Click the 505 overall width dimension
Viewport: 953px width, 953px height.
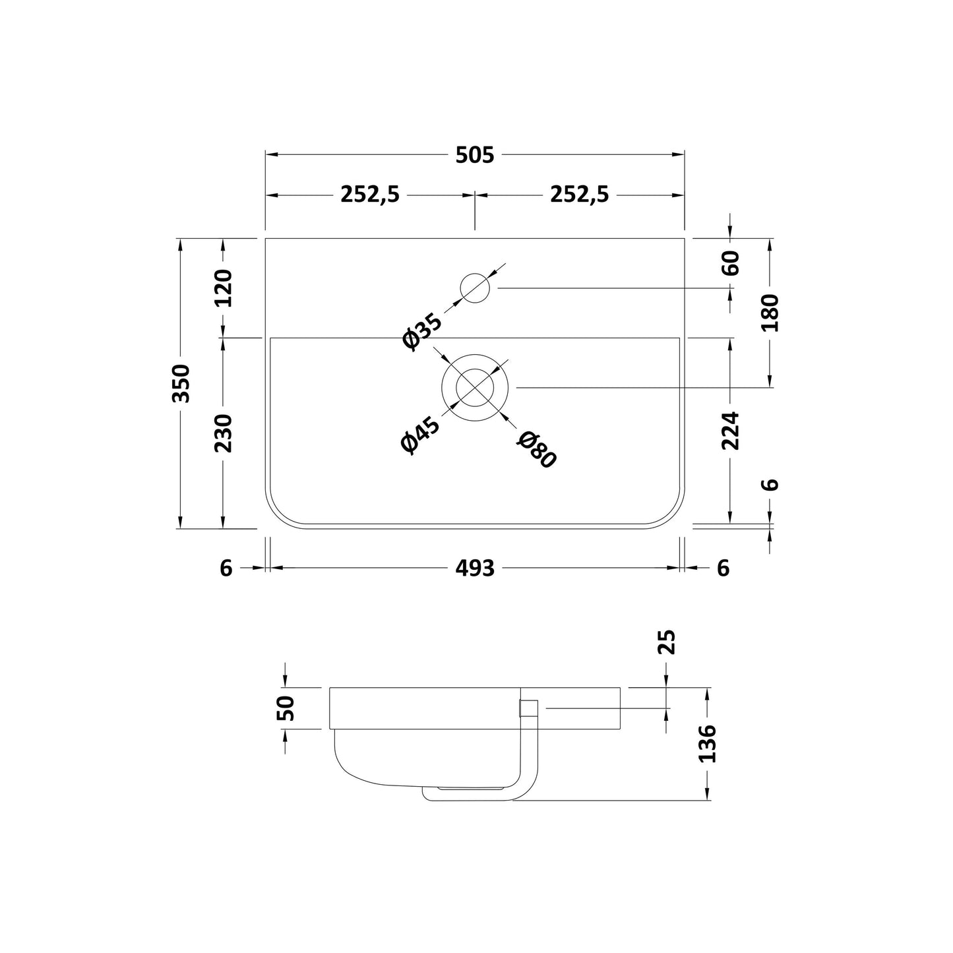pyautogui.click(x=474, y=155)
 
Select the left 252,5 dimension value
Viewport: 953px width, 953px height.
pyautogui.click(x=370, y=195)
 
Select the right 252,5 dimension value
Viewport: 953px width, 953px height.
pyautogui.click(x=580, y=195)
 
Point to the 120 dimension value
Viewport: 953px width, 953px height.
pyautogui.click(x=223, y=288)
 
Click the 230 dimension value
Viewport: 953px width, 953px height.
pyautogui.click(x=223, y=433)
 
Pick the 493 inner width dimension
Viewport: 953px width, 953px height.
pyautogui.click(x=474, y=569)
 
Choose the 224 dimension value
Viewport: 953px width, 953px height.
pyautogui.click(x=731, y=430)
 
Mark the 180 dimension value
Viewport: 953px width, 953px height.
pyautogui.click(x=770, y=313)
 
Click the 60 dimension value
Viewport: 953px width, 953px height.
pyautogui.click(x=731, y=263)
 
